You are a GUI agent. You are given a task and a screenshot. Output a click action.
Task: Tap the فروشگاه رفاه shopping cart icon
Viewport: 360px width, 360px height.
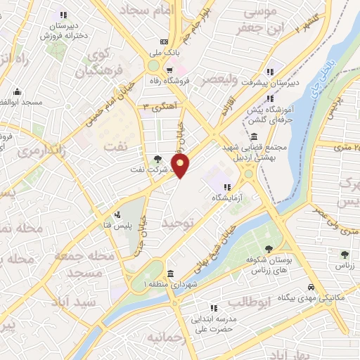pyautogui.click(x=170, y=69)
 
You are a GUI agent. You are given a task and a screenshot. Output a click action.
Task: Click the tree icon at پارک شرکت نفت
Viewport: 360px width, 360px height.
pyautogui.click(x=157, y=159)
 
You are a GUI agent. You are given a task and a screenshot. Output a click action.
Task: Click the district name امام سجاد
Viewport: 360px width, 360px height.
pyautogui.click(x=147, y=11)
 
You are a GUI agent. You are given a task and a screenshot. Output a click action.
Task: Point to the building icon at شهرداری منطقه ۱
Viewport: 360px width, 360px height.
pyautogui.click(x=171, y=273)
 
